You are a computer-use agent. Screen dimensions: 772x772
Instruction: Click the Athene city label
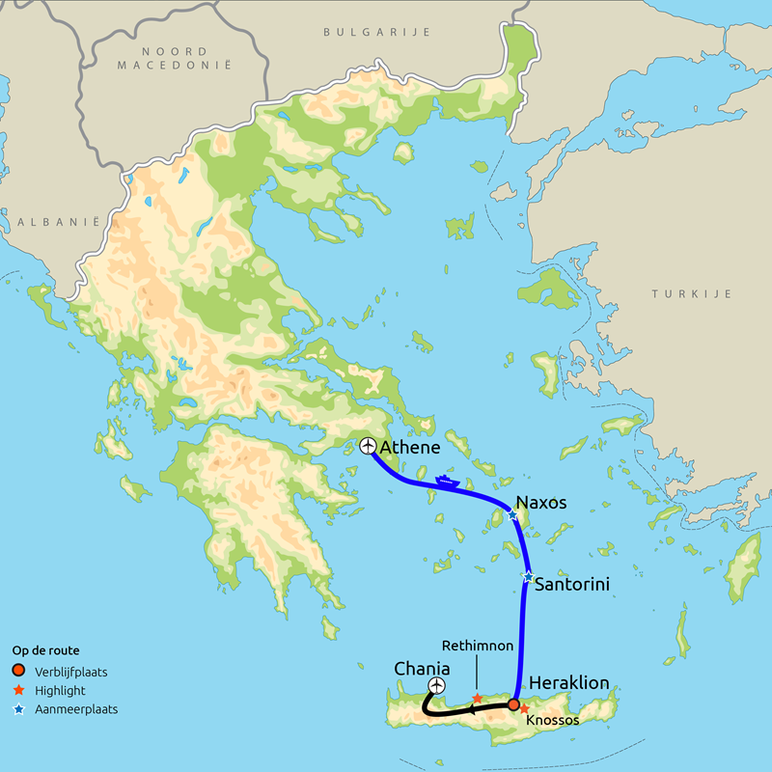411,448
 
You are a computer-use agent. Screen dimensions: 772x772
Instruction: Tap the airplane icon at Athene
367,445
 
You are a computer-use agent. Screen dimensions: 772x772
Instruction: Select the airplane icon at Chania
436,685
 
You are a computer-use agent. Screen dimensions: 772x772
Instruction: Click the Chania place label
422,668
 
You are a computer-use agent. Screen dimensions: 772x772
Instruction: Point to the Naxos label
541,503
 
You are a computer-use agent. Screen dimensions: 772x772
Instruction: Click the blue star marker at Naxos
513,516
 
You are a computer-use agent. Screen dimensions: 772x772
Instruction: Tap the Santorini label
571,584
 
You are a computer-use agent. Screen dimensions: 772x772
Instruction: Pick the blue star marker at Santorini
527,577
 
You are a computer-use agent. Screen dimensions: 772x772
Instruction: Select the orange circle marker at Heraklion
513,704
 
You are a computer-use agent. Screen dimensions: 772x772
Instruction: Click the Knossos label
553,720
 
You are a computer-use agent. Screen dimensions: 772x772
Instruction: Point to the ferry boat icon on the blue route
445,479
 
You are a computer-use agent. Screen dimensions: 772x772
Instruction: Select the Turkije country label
691,293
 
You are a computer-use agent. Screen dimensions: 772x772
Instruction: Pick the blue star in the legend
19,709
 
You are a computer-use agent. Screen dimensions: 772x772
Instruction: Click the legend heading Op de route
45,650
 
